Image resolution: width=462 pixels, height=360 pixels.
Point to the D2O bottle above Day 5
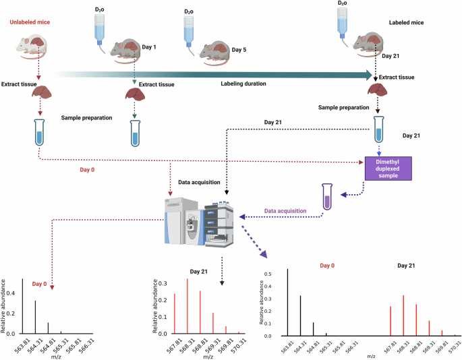(190, 27)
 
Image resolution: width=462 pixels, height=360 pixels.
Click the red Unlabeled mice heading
(30, 23)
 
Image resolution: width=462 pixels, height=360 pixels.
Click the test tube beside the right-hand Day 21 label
(380, 132)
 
